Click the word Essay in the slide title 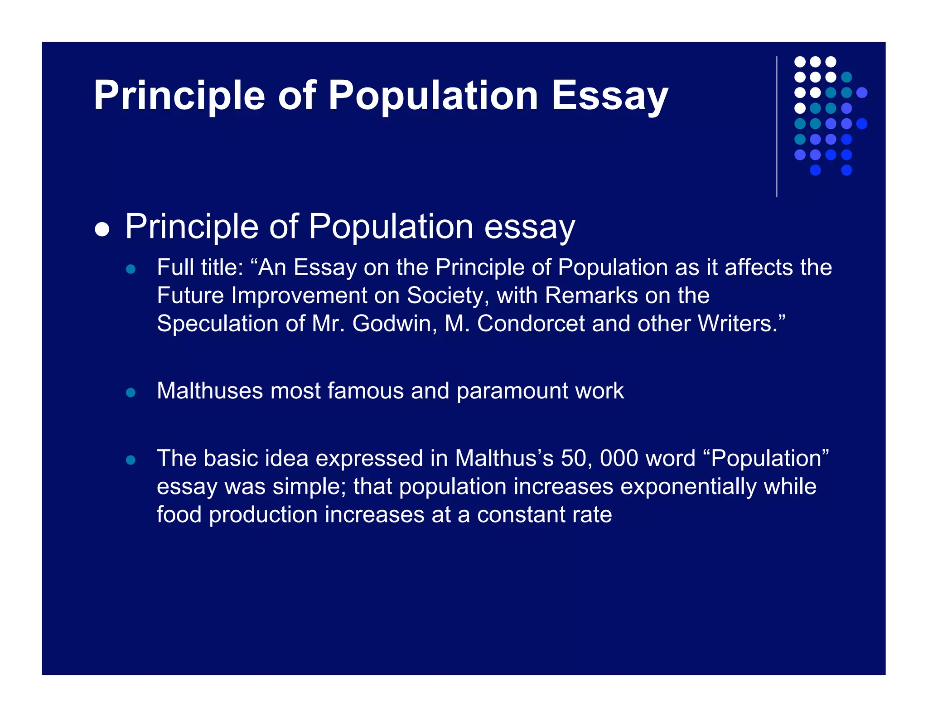tap(609, 96)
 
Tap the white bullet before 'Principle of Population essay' tap(102, 229)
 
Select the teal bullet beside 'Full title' tap(131, 269)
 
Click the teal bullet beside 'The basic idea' tap(131, 460)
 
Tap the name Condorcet tap(531, 324)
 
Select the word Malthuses tap(209, 391)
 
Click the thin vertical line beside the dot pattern tap(777, 127)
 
